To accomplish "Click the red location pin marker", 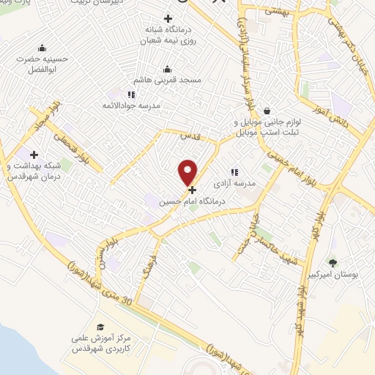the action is (x=188, y=171).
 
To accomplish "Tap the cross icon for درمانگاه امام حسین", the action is (x=192, y=190).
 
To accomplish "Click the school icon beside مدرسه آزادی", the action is (x=234, y=172).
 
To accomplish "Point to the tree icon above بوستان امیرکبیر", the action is (x=333, y=262).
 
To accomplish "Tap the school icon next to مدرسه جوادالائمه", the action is (x=131, y=94).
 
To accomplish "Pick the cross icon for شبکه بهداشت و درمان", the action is (x=34, y=155).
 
